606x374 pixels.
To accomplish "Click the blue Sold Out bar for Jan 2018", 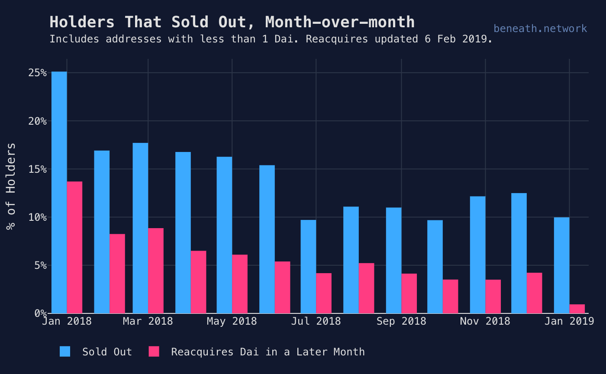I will pos(59,192).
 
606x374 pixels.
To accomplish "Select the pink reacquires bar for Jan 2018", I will pos(74,247).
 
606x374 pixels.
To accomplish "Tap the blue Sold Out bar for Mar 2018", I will pos(140,228).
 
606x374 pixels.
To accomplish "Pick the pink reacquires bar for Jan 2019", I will pos(577,309).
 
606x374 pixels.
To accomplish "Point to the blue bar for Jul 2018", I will pos(308,267).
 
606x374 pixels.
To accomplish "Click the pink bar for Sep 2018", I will pos(409,293).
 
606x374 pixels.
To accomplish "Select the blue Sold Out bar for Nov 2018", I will pos(477,255).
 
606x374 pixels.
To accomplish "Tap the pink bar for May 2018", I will pos(240,284).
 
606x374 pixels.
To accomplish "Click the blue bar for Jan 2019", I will pos(561,265).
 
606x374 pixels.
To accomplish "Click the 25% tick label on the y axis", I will pos(38,73).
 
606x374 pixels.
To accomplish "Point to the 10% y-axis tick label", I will pos(38,217).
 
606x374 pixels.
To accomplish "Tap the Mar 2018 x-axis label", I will pos(148,321).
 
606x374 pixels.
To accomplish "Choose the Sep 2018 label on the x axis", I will pos(401,321).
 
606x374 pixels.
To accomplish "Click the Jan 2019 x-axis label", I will pos(569,321).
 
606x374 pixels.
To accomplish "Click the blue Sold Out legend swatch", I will pos(65,351).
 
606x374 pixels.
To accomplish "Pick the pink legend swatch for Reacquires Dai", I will pos(154,351).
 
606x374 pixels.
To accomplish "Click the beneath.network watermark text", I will pos(540,29).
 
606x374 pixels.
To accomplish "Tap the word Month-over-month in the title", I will pos(340,22).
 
